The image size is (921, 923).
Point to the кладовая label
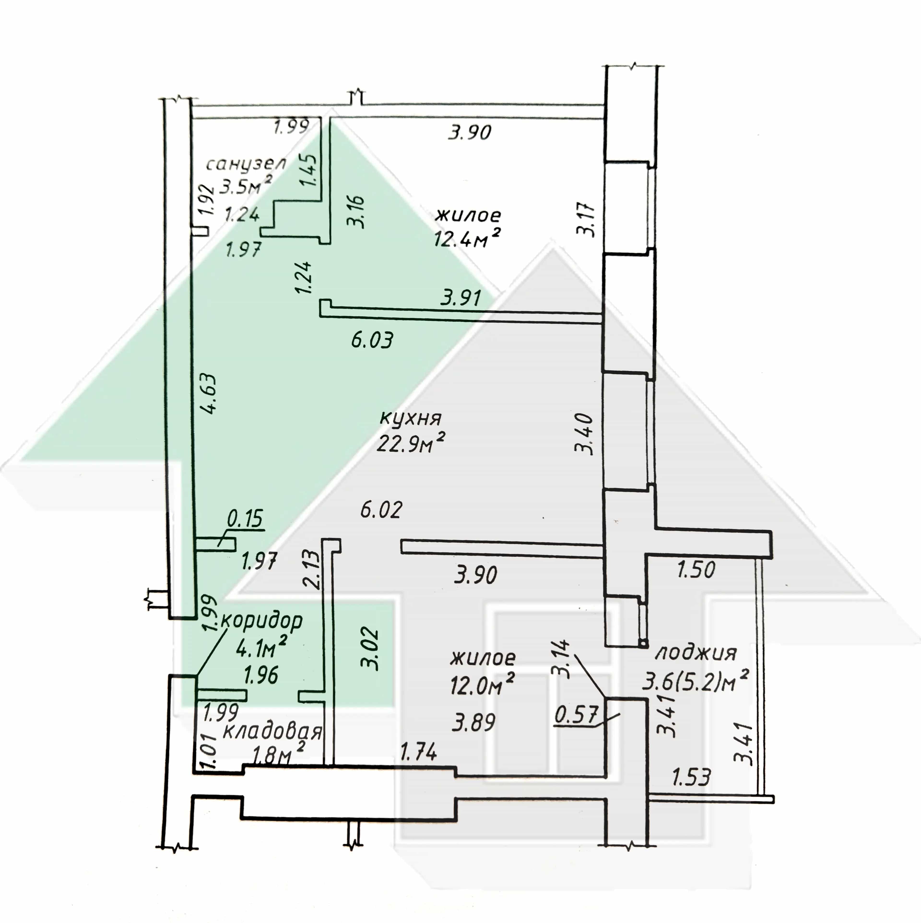click(x=272, y=732)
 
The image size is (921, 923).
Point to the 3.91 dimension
click(x=461, y=298)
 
